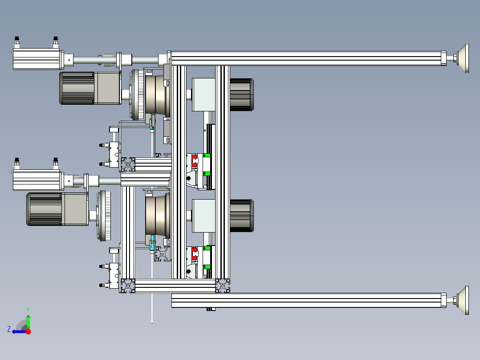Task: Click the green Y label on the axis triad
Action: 28,310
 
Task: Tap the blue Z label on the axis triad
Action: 9,329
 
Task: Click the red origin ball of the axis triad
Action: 28,331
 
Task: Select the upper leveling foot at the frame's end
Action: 461,58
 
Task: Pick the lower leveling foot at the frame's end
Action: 461,300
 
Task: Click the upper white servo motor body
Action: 37,59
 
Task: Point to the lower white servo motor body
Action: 37,180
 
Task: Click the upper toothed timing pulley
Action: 137,94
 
